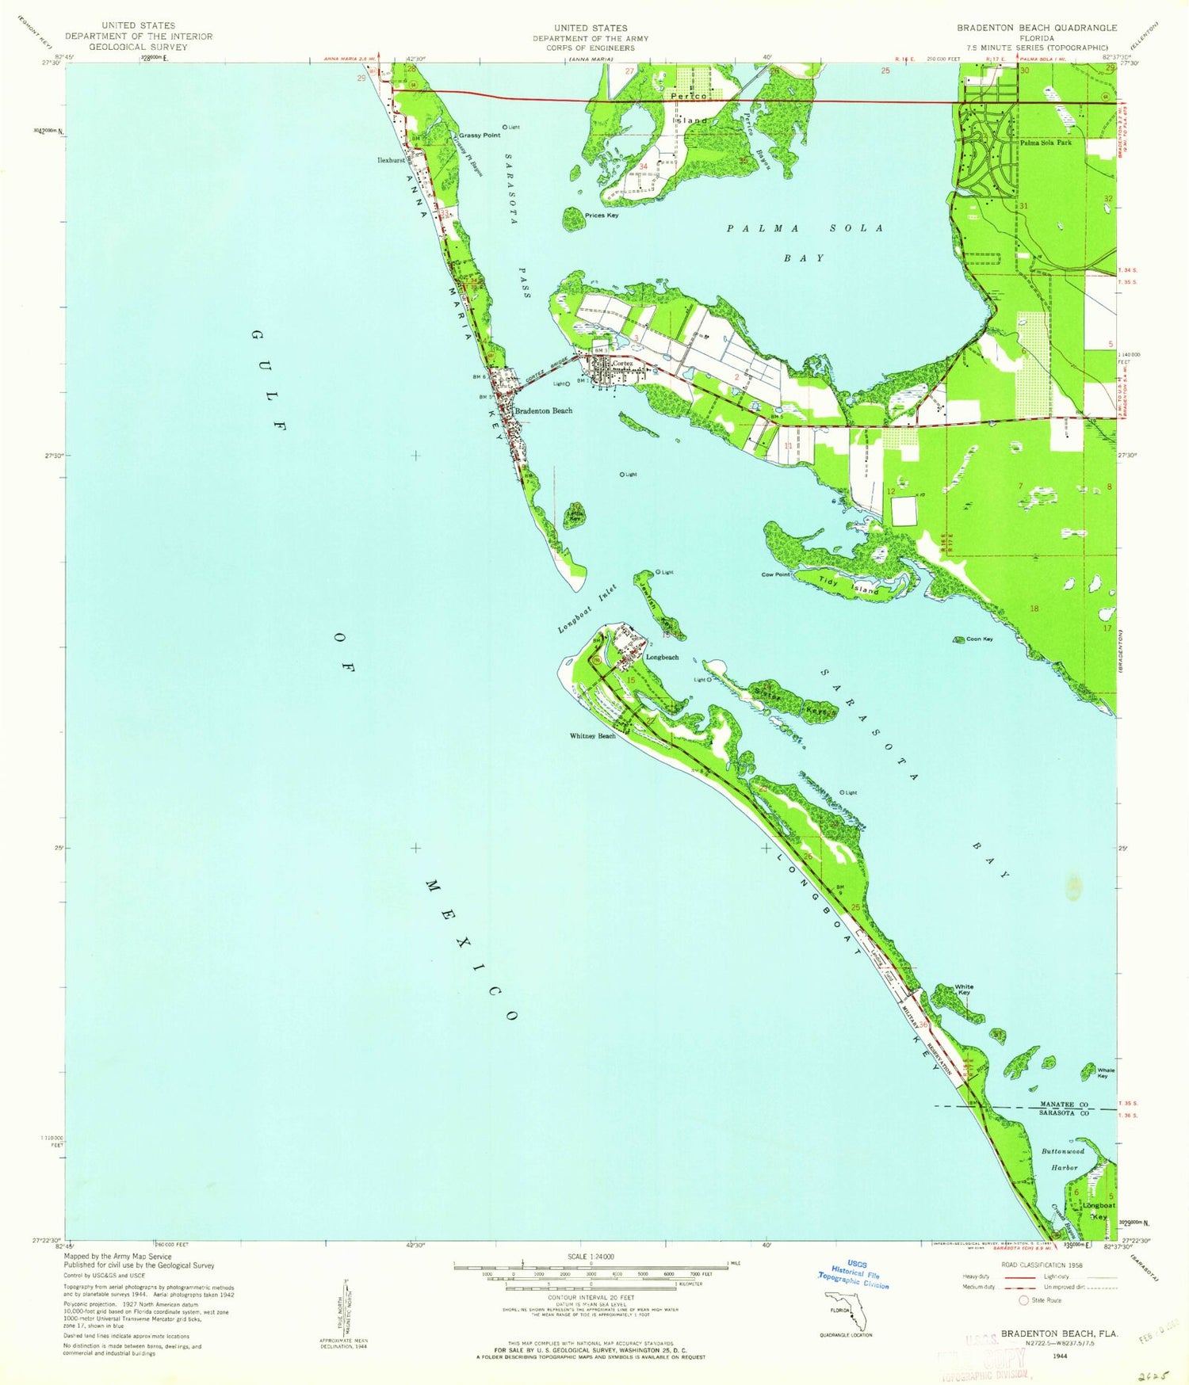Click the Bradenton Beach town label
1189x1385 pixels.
pos(544,410)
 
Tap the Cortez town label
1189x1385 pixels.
pos(623,364)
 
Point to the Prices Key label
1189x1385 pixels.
pos(601,216)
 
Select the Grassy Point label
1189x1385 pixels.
pos(480,135)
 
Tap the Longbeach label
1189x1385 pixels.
pos(662,658)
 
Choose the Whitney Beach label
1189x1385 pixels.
pos(592,736)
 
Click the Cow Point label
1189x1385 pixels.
pos(775,574)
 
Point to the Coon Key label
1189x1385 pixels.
pos(979,639)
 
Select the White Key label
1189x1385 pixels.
pos(964,990)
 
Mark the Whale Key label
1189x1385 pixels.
pos(1106,1073)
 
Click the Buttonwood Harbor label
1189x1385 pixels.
pos(1063,1159)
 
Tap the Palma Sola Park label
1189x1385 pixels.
pos(1046,143)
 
